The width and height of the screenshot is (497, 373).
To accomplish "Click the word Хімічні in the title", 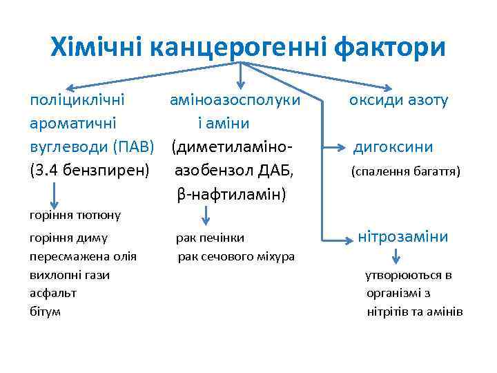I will coord(97,48).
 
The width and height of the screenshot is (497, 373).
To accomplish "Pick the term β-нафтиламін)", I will coord(231,194).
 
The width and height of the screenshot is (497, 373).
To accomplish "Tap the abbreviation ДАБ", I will coord(276,170).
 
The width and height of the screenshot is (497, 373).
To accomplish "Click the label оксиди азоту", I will coord(398,100).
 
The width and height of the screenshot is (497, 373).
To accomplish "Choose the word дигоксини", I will coord(393,146).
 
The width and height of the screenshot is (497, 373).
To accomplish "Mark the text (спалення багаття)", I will coord(405,170).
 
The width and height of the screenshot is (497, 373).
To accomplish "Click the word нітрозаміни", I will coord(403,237).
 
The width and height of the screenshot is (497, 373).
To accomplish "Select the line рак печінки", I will coord(210,238).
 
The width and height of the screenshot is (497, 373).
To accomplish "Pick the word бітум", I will coord(45,311).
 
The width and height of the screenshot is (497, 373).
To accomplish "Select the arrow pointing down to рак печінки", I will coord(204,216).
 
